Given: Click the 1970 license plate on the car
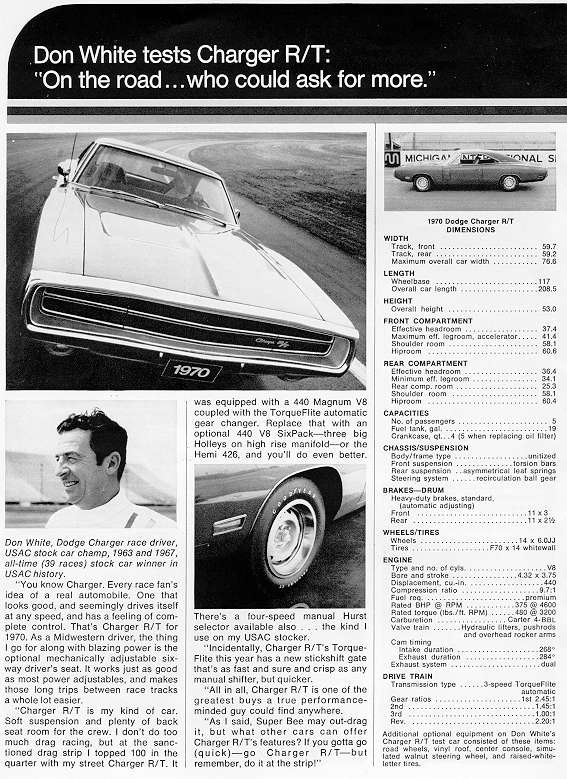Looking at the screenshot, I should (192, 371).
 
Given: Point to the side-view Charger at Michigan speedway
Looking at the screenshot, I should (468, 172).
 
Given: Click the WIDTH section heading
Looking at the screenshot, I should (396, 238).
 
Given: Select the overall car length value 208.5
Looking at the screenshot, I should (547, 288).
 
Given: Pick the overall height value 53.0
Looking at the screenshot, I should (548, 310).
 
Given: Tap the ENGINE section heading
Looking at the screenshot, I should (399, 562).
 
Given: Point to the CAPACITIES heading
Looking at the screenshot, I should (406, 411).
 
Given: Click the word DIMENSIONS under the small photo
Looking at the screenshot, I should (469, 229).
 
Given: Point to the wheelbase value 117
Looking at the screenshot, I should (550, 281).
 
